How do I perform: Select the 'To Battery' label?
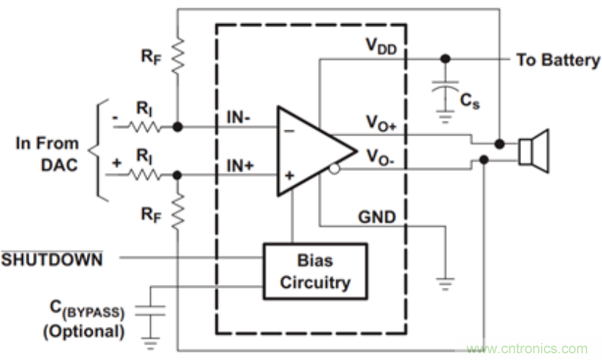tap(558, 60)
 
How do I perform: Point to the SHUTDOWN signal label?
tap(51, 259)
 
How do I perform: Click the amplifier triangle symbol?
tap(309, 152)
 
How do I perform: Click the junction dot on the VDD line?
tap(444, 59)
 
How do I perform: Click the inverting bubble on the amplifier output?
tap(336, 169)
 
